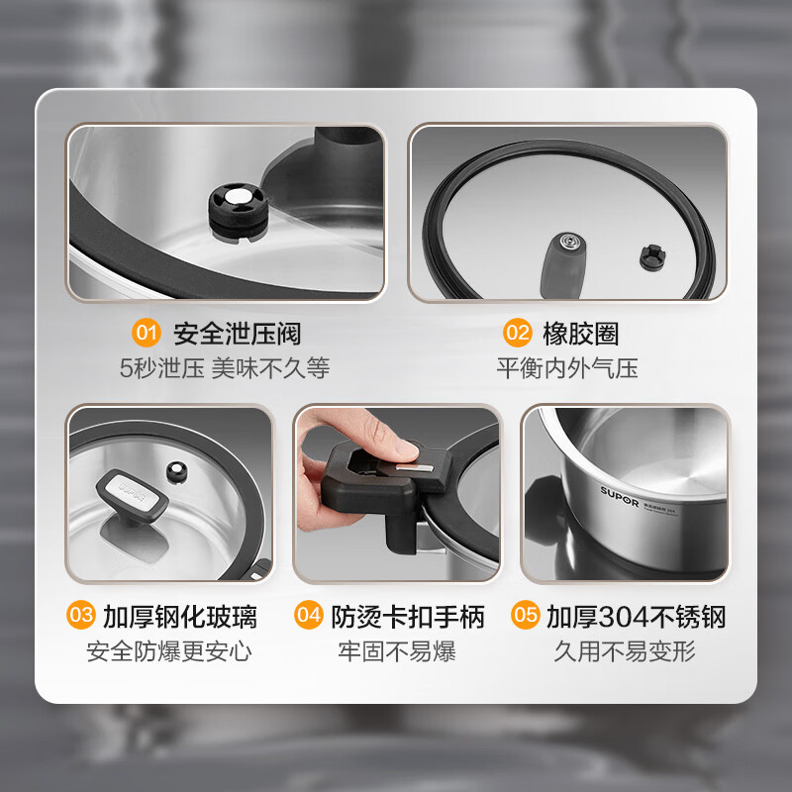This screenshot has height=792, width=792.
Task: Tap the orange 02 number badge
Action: click(518, 333)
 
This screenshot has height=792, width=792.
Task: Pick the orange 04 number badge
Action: click(309, 617)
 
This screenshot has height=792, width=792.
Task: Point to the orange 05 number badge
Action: click(526, 617)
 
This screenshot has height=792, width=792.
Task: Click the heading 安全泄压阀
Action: click(237, 333)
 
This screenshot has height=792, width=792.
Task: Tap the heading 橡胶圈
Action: click(581, 333)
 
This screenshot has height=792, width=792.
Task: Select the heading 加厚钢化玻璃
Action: click(180, 617)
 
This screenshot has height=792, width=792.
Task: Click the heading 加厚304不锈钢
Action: click(637, 617)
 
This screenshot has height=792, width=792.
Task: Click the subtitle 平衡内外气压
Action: click(567, 368)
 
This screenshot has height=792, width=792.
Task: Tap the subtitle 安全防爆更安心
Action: click(168, 651)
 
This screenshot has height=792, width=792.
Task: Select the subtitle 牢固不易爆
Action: click(396, 651)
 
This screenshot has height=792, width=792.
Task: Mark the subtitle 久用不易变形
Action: click(625, 651)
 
